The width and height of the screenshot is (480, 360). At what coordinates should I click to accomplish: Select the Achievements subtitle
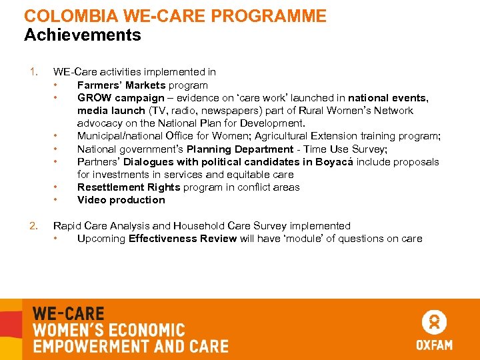point(82,35)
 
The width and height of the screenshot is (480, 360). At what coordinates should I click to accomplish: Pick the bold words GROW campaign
point(121,98)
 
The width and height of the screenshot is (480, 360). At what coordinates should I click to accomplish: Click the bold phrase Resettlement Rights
point(129,187)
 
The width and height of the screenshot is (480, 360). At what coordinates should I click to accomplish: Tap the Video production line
point(121,200)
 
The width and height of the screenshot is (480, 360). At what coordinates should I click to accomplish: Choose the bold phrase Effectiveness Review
point(183,239)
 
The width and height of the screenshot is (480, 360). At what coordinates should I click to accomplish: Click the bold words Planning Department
point(239,149)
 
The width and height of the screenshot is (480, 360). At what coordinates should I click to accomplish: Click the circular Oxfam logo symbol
point(434,323)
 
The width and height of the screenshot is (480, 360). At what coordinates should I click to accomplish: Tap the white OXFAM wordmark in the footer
point(434,345)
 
